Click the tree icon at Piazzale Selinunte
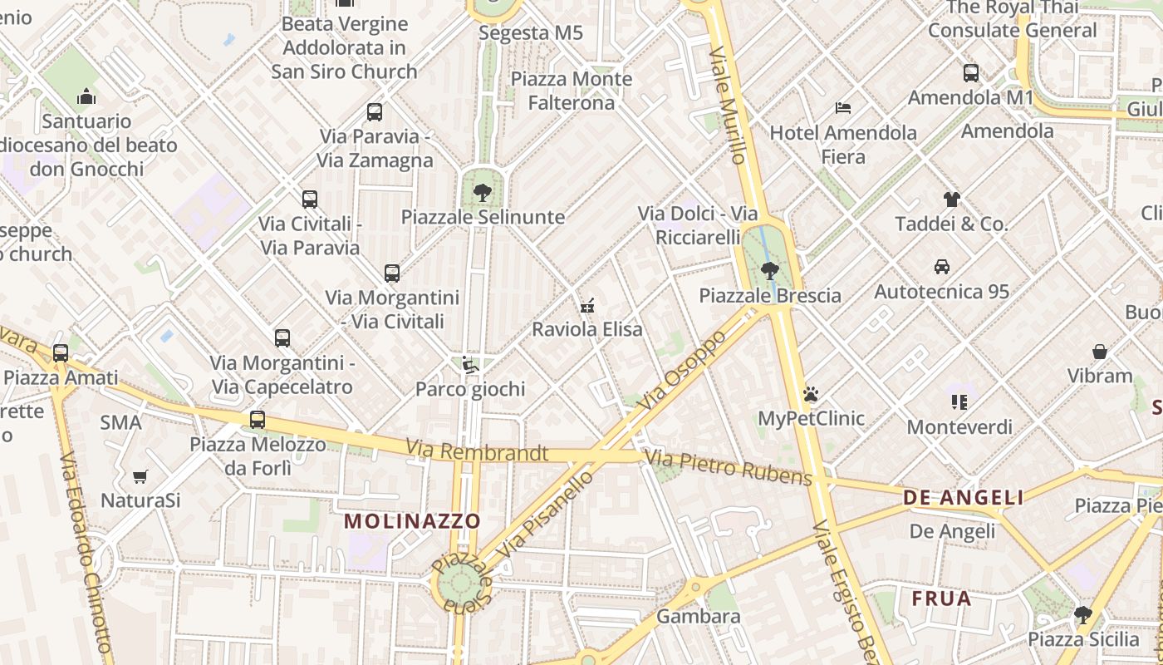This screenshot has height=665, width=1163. (x=482, y=193)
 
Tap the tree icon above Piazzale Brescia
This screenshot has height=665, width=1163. (x=770, y=270)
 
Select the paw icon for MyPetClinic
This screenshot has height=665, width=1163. (x=811, y=393)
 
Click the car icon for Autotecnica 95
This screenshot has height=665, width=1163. (x=942, y=267)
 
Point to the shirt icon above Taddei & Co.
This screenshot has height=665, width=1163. (x=951, y=199)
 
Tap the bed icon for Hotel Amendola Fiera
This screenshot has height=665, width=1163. (x=843, y=108)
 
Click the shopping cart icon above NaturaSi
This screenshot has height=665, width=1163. (x=140, y=476)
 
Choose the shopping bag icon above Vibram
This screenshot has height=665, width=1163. (x=1100, y=352)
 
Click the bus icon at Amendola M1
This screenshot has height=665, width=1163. (x=971, y=73)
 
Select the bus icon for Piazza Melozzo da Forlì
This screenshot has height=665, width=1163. (x=258, y=420)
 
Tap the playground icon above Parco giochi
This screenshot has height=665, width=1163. (x=470, y=364)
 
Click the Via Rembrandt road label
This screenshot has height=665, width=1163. (x=477, y=452)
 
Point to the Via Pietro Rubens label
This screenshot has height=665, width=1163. (x=729, y=467)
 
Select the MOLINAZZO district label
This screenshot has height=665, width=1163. (x=412, y=521)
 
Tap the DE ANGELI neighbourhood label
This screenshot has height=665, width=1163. (x=964, y=498)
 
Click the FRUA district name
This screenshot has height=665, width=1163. (x=941, y=598)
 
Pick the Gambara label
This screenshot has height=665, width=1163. (x=698, y=616)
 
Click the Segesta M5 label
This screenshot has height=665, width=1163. (x=531, y=33)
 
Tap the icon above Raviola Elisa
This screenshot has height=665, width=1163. (x=588, y=305)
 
